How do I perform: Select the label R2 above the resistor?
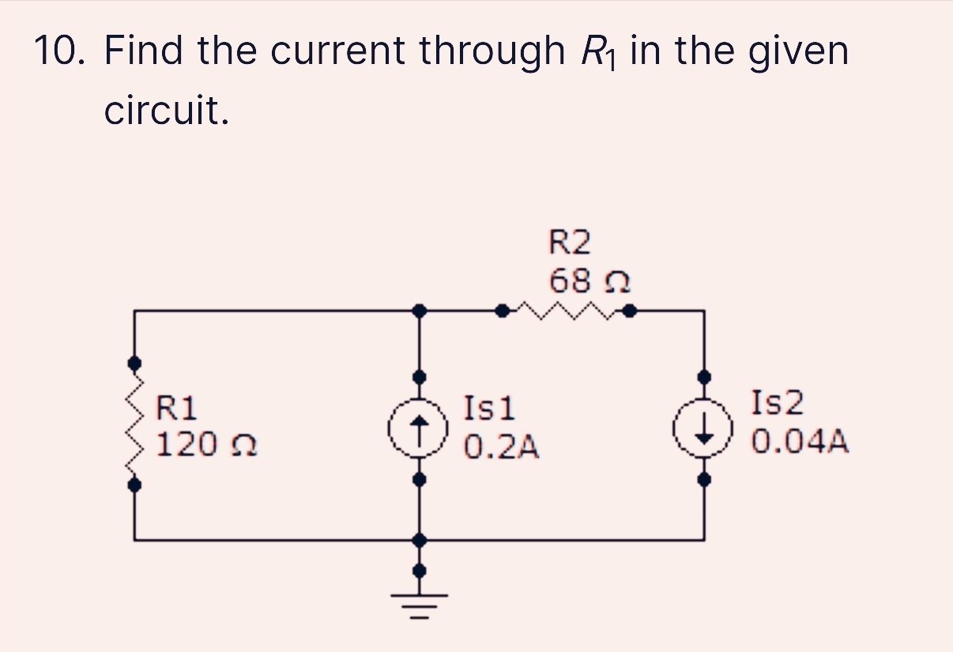click(569, 242)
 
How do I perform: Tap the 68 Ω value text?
click(589, 280)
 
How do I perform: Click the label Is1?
click(489, 409)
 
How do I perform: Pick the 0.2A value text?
click(501, 447)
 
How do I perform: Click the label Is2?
click(778, 403)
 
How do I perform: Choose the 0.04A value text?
click(800, 441)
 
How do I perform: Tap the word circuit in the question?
click(167, 111)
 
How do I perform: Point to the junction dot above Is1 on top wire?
click(420, 311)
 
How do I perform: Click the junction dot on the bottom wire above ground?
click(420, 540)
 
